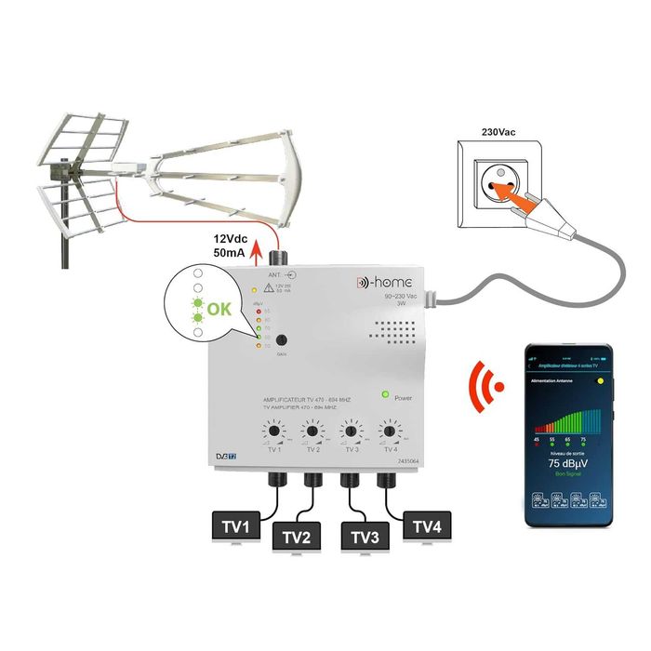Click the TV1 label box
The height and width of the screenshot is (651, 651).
[x=235, y=527]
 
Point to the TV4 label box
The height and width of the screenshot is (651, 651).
[x=428, y=527]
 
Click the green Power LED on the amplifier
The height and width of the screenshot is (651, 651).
[x=384, y=396]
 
